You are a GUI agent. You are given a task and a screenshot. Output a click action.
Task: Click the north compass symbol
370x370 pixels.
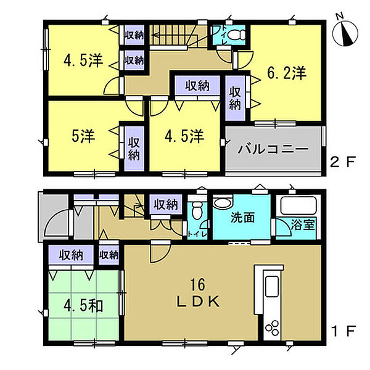(x=345, y=33)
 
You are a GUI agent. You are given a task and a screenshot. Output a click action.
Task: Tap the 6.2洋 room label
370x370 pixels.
(x=287, y=73)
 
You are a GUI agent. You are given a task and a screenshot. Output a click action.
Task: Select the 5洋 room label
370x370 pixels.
(x=83, y=136)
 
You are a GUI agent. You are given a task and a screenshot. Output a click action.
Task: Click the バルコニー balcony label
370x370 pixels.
(x=273, y=149)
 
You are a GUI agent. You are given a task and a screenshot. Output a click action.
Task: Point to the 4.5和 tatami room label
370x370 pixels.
(x=83, y=306)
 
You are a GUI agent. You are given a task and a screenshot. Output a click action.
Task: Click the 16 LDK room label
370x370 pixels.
(x=198, y=292)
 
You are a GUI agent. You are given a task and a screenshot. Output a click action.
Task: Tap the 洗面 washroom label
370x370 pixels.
(x=242, y=218)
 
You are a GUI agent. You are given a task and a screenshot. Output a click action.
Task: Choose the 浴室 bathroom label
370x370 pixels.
(x=303, y=224)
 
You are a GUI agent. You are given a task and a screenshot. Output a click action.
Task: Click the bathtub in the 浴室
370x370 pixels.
(x=298, y=205)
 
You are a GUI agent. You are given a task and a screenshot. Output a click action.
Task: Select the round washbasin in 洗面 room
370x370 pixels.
(x=223, y=202)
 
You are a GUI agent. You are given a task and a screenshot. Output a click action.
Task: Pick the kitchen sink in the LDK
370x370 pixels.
(x=272, y=286)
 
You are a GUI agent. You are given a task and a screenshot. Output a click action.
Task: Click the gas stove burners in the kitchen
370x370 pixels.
(x=272, y=327)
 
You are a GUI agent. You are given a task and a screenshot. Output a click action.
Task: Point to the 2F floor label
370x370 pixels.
(x=343, y=162)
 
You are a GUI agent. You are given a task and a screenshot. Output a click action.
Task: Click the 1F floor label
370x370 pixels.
(x=343, y=331)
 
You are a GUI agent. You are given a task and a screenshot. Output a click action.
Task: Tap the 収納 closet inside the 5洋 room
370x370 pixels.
(x=134, y=149)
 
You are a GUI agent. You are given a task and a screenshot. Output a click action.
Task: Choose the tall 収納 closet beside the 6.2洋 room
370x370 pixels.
(x=236, y=97)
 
